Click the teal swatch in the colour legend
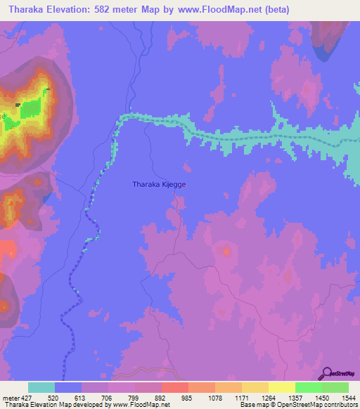tap(41, 387)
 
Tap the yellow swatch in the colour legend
tap(282, 387)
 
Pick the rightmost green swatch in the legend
tap(335, 387)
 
